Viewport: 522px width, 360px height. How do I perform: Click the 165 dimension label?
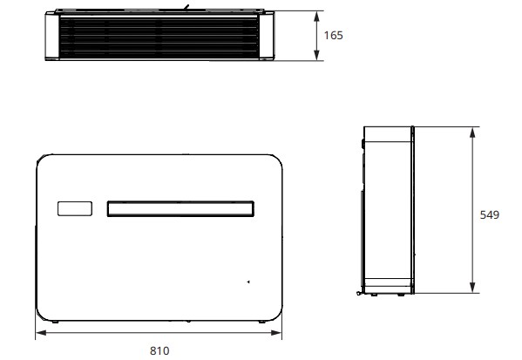coord(333,36)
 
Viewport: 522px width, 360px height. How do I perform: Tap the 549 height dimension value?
coord(489,214)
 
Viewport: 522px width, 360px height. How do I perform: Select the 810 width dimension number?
coord(159,350)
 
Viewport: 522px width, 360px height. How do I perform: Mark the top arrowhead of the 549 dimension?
coord(471,132)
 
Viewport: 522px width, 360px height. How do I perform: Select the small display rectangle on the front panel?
coord(74,209)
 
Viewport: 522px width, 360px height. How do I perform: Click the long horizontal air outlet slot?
coord(180,209)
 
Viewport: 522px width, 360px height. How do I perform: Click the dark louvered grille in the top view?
coord(159,37)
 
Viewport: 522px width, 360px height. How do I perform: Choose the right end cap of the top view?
coord(268,37)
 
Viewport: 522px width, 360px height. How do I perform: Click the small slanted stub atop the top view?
coord(184,8)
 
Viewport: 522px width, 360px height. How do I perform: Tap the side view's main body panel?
coord(386,209)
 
